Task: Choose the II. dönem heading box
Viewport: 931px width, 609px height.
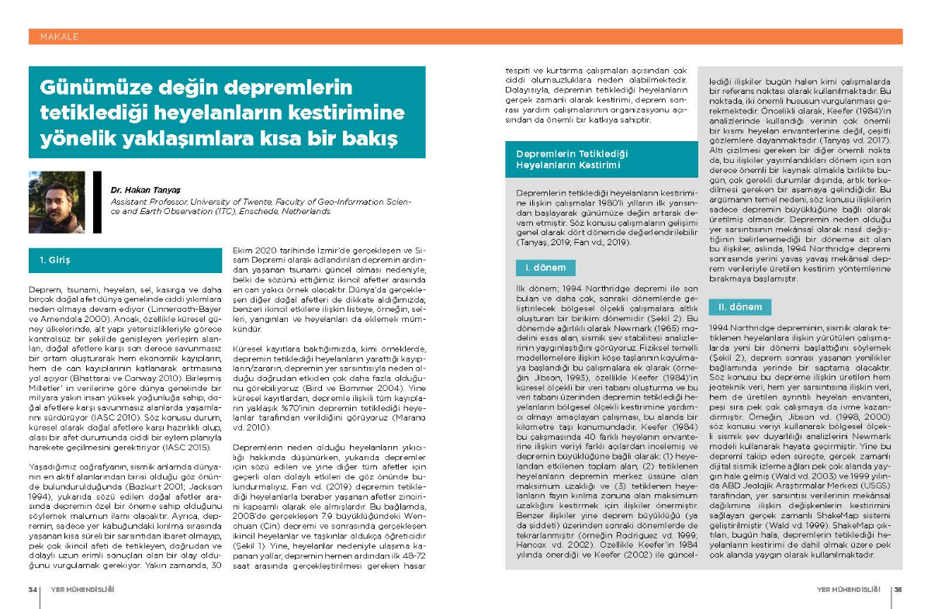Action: (740, 307)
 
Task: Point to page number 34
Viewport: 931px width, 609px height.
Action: (34, 589)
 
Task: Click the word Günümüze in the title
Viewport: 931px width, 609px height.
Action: (90, 88)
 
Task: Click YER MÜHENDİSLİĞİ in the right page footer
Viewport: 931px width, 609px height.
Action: (850, 589)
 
